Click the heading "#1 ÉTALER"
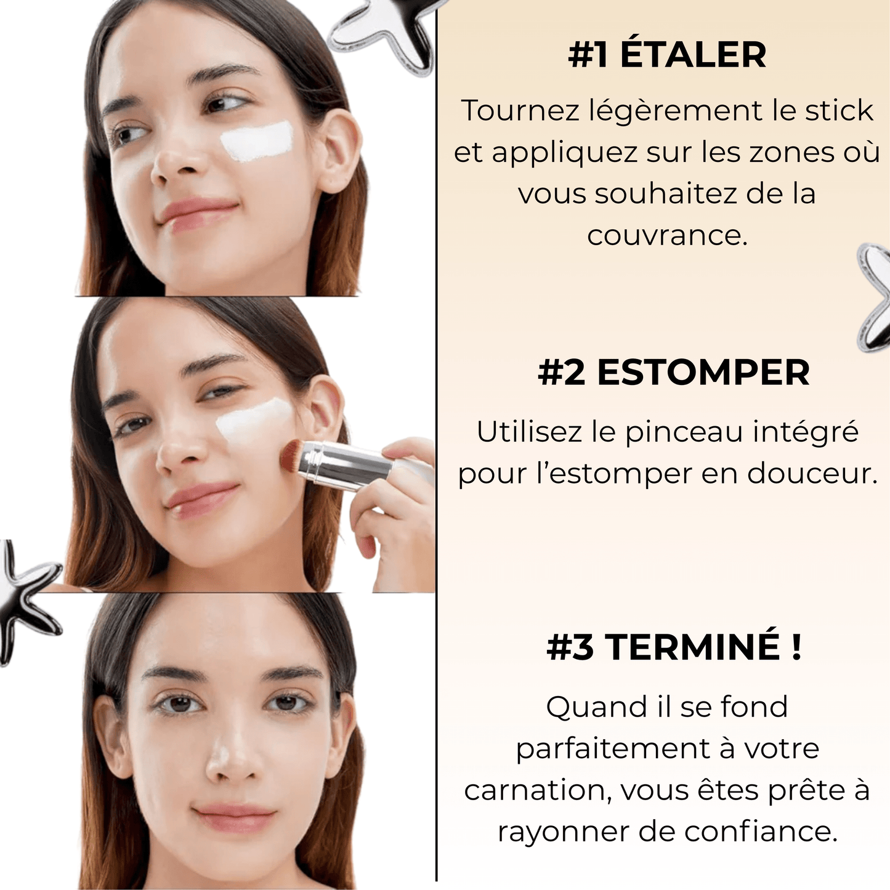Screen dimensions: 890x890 coord(667,55)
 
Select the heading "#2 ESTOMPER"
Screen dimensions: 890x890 coord(673,373)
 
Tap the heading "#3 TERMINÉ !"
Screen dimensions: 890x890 coord(674,647)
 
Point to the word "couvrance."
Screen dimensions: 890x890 coord(667,235)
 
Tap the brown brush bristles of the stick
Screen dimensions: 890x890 coord(289,458)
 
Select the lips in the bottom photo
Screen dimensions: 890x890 coord(234,817)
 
